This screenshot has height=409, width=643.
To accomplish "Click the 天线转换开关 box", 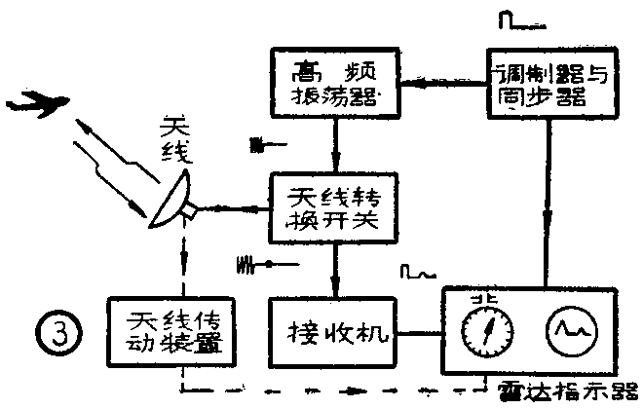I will [334, 207].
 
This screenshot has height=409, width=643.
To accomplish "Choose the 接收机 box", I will [334, 332].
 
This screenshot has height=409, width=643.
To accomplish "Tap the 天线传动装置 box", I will [164, 332].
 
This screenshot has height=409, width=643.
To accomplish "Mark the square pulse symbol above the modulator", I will [513, 20].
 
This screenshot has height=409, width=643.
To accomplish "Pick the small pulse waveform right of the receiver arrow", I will [416, 270].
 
